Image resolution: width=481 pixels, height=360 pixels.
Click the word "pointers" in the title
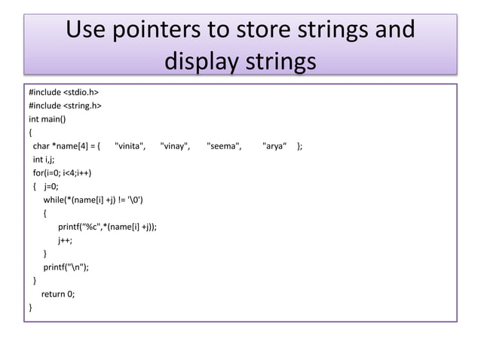(x=153, y=31)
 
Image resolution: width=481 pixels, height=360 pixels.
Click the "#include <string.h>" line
(x=66, y=106)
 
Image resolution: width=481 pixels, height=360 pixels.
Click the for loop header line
(x=62, y=173)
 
